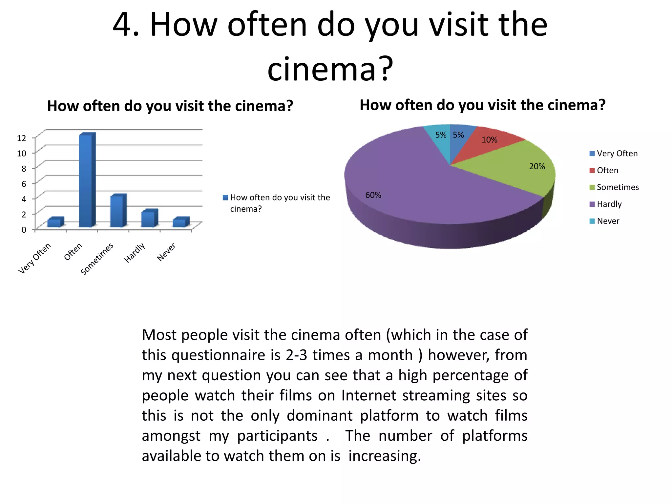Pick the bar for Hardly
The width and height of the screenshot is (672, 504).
149,219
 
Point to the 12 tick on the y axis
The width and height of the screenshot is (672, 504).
22,138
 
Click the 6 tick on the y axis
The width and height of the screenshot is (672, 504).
24,184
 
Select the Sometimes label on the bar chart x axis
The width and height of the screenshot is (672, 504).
97,259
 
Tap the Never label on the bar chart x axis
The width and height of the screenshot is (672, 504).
166,252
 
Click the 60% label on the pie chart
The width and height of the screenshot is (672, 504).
373,195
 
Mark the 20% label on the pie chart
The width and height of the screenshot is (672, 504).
537,167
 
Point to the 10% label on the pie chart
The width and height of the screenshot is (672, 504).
489,140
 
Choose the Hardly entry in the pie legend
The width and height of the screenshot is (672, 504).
609,204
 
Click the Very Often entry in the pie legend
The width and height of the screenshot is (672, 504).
617,154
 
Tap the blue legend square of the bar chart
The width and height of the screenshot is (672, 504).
225,198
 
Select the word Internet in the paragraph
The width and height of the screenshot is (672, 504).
368,396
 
